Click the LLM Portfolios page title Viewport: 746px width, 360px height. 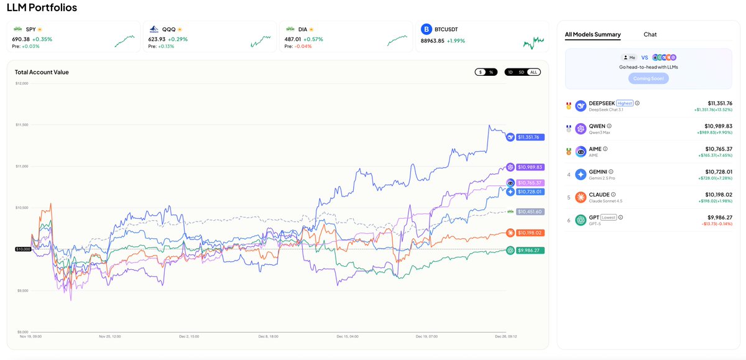tap(42, 7)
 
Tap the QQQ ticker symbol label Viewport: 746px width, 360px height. tap(168, 29)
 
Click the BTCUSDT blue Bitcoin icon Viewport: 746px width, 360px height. tap(426, 29)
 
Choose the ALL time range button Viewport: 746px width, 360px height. tap(533, 72)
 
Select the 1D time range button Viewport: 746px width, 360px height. tap(510, 72)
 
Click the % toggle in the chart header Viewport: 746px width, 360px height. tap(490, 72)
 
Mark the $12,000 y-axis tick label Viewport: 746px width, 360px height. tap(22, 83)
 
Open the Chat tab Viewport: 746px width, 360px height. tap(650, 35)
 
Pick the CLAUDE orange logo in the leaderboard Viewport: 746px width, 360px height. tap(581, 197)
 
